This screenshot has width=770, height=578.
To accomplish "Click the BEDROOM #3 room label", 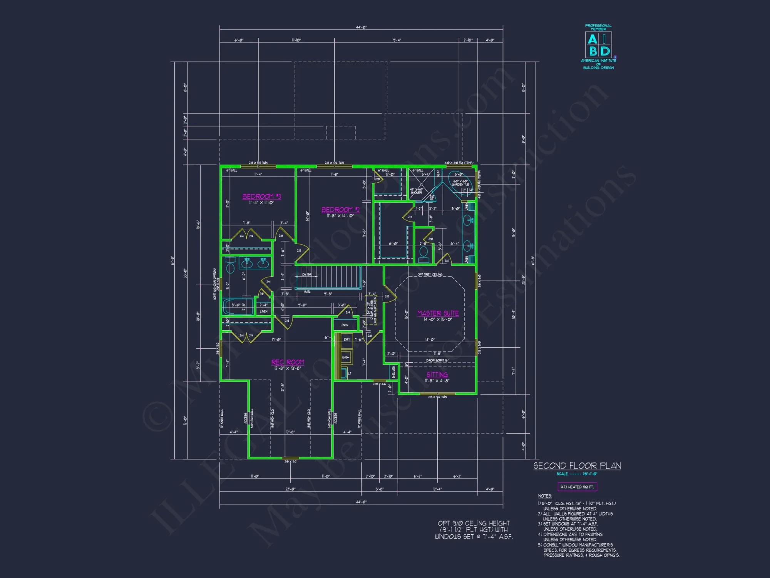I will (x=261, y=197).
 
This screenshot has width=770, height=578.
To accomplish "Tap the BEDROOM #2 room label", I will (x=340, y=210).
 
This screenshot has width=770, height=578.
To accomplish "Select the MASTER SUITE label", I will (x=438, y=313).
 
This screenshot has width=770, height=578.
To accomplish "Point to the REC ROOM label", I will (x=288, y=362).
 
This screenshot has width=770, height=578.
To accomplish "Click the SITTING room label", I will (x=437, y=375).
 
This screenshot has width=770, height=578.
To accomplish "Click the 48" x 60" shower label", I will (x=416, y=191).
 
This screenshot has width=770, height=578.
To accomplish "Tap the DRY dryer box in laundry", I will (x=346, y=339).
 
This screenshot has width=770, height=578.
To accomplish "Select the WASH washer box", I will (x=346, y=357).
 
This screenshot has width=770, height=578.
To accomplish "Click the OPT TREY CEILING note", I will (x=430, y=275).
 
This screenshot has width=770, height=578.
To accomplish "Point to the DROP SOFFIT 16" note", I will (x=437, y=361).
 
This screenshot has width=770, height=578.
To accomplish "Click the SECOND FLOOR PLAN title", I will (x=577, y=466).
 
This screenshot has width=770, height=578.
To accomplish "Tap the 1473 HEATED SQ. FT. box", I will (x=577, y=487).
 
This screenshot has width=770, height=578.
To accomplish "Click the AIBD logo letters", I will (x=598, y=45).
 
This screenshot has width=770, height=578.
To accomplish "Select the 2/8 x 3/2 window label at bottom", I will (x=290, y=462).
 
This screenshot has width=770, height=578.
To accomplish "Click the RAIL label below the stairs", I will (x=307, y=292).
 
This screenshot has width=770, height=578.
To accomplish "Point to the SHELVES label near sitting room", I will (x=393, y=372).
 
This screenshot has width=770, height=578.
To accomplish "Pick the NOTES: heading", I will (x=545, y=496).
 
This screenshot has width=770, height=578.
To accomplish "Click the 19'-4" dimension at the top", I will (x=397, y=40).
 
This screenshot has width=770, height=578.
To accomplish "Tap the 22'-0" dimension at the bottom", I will (x=290, y=489).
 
